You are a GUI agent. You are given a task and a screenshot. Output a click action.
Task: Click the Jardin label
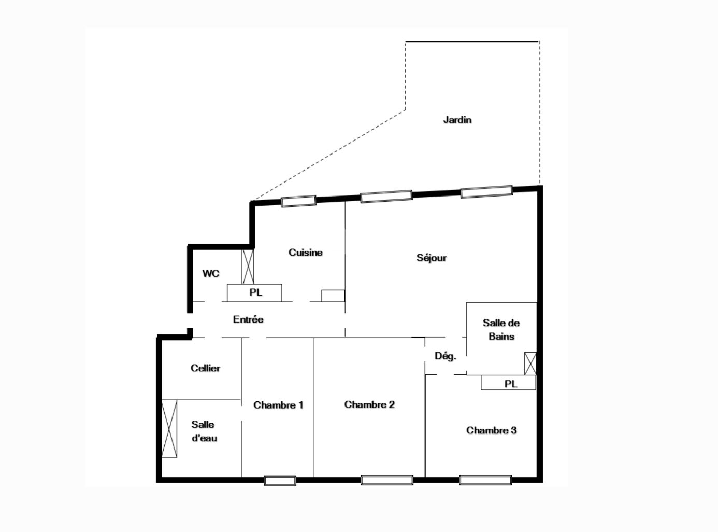[x=457, y=120]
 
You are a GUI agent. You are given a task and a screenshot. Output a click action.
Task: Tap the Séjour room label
[x=432, y=258]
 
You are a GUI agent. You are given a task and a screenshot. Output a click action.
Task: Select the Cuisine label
[x=306, y=253]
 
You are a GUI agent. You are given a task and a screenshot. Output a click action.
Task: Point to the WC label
[x=211, y=273]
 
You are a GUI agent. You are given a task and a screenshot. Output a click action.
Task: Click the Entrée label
[x=248, y=319]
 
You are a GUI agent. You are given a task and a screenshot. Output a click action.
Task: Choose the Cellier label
[x=206, y=368]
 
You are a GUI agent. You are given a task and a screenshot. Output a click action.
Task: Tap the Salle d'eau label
[x=204, y=431]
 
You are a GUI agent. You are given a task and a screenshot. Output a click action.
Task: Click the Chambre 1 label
[x=278, y=405]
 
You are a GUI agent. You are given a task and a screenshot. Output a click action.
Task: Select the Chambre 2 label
[x=369, y=404]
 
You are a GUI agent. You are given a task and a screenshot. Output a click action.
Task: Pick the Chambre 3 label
[x=491, y=430]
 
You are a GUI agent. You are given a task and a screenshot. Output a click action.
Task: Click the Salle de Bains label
[x=501, y=329]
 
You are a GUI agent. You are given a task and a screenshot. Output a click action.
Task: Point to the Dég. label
[x=446, y=356]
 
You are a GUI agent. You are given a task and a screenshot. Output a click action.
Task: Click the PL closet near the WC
[x=255, y=292]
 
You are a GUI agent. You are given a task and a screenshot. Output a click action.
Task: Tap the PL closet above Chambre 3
[x=509, y=383]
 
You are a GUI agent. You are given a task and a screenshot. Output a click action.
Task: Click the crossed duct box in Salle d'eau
[x=169, y=429]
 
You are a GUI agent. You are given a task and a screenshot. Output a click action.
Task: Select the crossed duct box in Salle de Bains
[x=530, y=363]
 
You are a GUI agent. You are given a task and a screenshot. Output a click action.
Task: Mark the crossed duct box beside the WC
[x=249, y=267]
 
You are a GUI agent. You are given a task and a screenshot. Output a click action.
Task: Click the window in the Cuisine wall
[x=299, y=201]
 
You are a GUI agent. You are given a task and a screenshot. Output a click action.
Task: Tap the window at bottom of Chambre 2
[x=387, y=480]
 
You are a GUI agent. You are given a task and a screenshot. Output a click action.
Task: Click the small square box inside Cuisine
[x=333, y=296]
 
